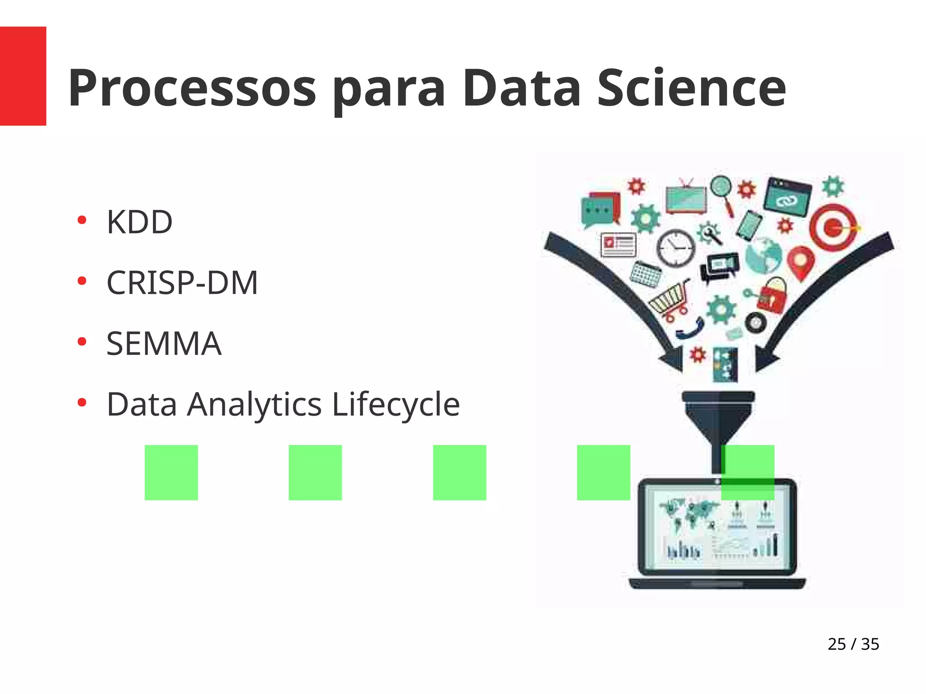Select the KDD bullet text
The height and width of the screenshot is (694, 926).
(139, 222)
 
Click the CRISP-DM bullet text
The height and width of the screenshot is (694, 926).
(182, 283)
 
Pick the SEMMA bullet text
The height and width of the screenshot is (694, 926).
(164, 344)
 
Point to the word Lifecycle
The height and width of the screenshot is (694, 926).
(396, 404)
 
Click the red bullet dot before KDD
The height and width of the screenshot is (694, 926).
(82, 220)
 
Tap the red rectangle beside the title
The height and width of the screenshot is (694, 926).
(23, 76)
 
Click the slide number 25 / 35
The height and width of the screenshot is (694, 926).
(853, 644)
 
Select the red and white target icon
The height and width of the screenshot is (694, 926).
(833, 227)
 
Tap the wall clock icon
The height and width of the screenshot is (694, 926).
(676, 248)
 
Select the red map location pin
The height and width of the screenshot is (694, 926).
(801, 263)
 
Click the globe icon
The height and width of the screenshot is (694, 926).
(764, 256)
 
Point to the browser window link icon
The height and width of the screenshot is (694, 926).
(787, 197)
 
